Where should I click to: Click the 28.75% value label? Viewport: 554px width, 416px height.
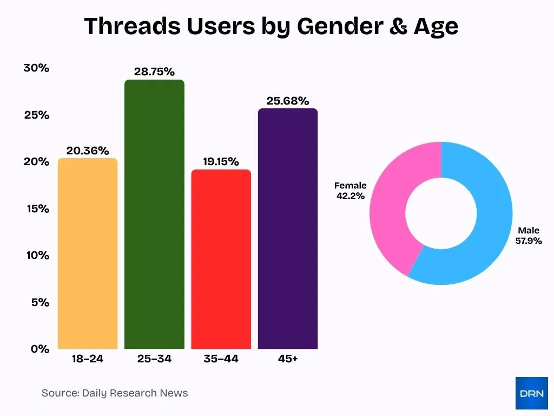(154, 71)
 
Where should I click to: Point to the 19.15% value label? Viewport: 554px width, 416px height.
(221, 161)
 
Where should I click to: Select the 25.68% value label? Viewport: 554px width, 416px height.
(288, 101)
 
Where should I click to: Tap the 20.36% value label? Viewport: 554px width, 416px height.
(88, 151)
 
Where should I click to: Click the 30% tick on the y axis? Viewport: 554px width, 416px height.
(36, 68)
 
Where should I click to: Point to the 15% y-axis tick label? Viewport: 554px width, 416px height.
(36, 209)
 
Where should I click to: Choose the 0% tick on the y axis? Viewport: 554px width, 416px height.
(39, 349)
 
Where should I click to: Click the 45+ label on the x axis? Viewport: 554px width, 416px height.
(288, 359)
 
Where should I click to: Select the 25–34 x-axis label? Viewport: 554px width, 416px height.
(154, 359)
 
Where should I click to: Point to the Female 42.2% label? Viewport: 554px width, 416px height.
(350, 191)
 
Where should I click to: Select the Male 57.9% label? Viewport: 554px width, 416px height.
(529, 236)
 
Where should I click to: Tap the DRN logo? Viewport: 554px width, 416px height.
(531, 393)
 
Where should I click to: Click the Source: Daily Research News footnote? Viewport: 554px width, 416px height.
(115, 393)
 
